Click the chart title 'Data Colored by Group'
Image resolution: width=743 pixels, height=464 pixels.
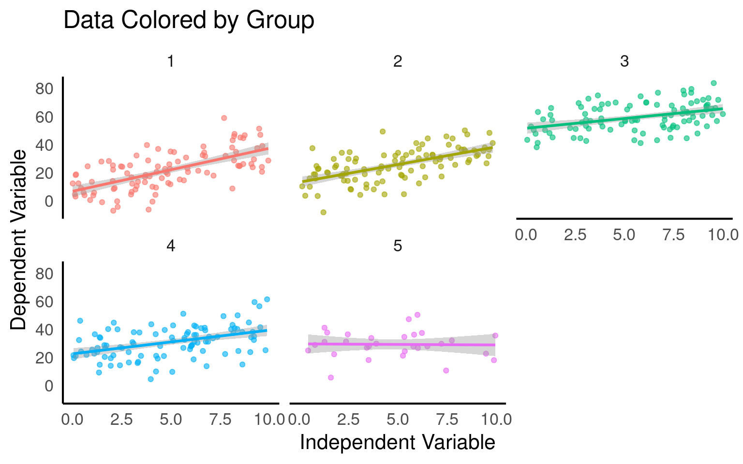(189, 21)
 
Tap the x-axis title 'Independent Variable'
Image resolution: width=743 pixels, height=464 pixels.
(397, 442)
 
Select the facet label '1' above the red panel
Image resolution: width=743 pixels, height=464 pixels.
(170, 61)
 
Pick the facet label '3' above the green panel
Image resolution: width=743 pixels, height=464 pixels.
(624, 61)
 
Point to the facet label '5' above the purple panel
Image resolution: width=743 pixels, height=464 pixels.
(397, 246)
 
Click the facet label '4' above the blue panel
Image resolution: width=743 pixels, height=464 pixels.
(170, 246)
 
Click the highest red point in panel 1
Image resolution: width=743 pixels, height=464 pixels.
(224, 118)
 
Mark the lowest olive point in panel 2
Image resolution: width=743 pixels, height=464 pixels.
(323, 212)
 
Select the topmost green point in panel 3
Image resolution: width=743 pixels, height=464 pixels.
(713, 83)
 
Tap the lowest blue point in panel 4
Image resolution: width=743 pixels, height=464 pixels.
(150, 379)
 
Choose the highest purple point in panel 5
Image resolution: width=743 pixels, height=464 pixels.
(417, 315)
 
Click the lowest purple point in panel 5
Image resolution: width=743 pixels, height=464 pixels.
(331, 377)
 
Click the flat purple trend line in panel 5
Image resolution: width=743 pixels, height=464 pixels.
(401, 344)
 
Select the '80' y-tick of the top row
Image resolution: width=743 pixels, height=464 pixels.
(44, 89)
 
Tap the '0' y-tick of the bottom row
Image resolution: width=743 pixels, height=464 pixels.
(49, 386)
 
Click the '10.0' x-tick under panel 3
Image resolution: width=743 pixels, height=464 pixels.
(723, 235)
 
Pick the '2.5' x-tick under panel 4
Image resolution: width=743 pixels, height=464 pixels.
(121, 420)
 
